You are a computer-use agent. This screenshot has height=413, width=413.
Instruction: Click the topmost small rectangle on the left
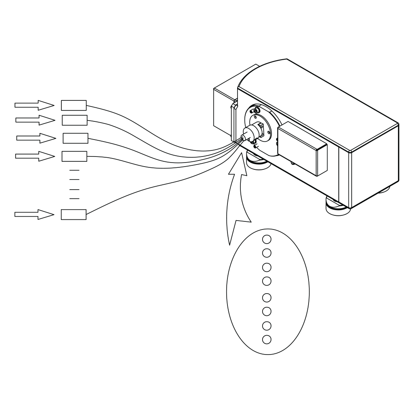click(x=73, y=105)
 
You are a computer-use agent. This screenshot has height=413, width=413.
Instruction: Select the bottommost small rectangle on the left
click(x=73, y=214)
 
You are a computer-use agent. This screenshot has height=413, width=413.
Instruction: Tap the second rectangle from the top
click(x=75, y=120)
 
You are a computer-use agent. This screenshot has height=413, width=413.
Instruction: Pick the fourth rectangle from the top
click(x=74, y=156)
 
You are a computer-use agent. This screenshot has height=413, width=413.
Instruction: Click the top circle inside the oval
click(x=266, y=239)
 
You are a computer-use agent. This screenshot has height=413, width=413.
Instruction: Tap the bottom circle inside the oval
click(x=266, y=339)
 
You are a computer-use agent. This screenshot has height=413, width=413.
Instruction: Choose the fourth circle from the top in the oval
click(x=266, y=281)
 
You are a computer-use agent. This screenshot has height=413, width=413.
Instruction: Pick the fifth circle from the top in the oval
click(x=266, y=298)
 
